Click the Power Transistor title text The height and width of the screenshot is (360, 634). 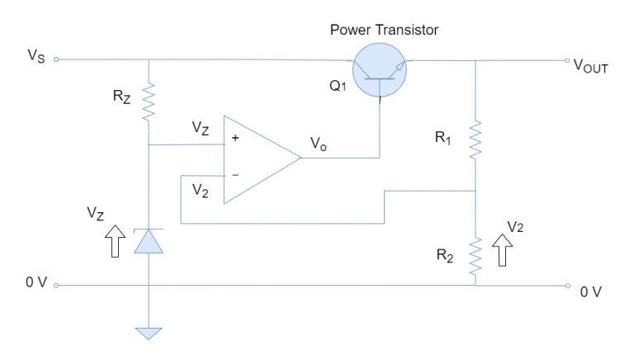tap(384, 30)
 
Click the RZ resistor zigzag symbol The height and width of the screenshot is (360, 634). tap(149, 103)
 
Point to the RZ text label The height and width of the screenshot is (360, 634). tap(121, 97)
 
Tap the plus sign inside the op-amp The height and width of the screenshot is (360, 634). tap(236, 140)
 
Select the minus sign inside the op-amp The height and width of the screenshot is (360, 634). tap(236, 175)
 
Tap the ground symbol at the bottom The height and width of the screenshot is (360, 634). tap(149, 333)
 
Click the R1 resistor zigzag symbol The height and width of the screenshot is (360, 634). tap(476, 140)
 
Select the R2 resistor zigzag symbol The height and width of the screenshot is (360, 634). tap(476, 257)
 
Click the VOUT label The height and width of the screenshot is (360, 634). tap(590, 65)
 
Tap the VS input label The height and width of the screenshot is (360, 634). tap(35, 57)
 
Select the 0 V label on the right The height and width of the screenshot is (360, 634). tap(592, 291)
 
